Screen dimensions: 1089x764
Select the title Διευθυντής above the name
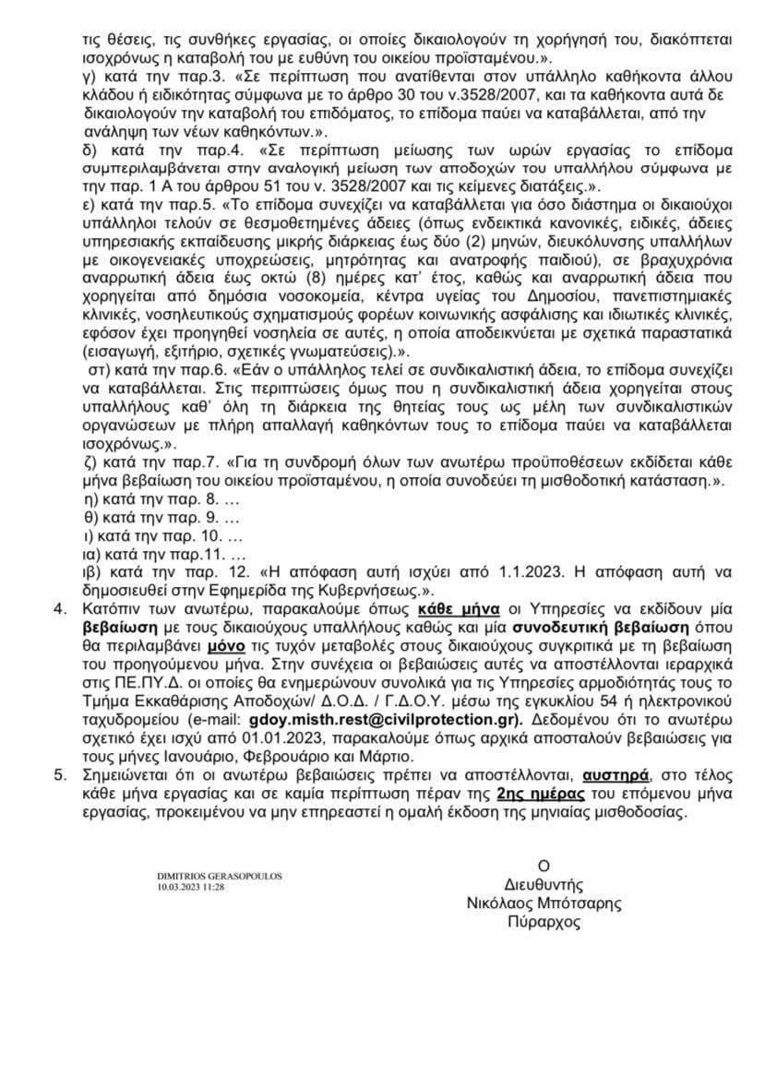pos(543,884)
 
